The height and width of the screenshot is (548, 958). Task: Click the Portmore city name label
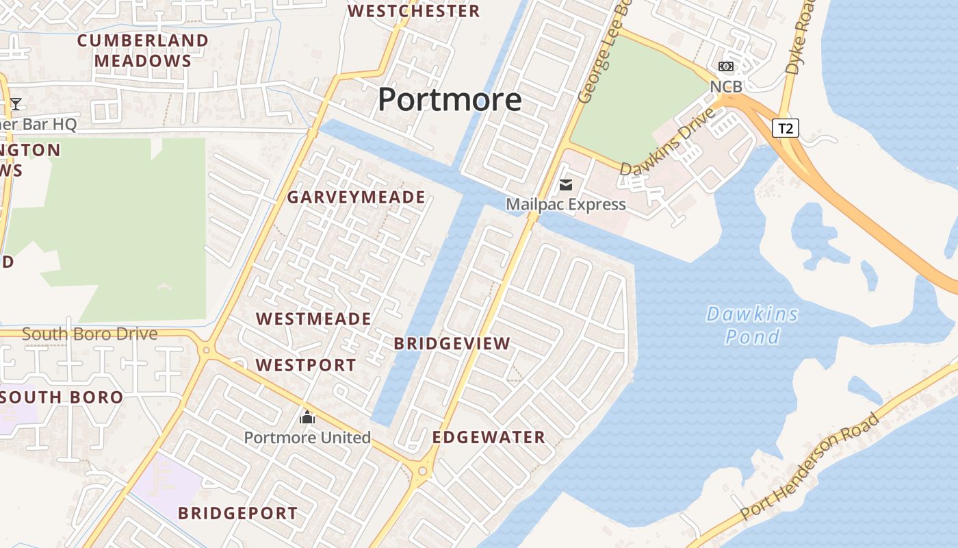click(450, 99)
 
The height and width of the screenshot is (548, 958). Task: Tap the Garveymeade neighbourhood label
click(356, 197)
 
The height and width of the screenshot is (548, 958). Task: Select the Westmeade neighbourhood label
click(313, 319)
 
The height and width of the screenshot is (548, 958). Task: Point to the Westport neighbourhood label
click(306, 365)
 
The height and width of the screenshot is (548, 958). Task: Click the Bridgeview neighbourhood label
click(452, 344)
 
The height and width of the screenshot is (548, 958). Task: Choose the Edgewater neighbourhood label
click(489, 437)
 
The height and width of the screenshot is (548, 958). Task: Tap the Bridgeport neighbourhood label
click(237, 513)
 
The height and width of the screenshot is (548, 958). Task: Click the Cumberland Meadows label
click(142, 51)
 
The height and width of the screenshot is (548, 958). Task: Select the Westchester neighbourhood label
click(414, 11)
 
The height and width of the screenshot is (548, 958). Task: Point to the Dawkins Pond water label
click(752, 325)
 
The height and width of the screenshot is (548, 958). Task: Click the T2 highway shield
click(786, 127)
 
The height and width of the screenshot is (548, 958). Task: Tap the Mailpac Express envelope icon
click(566, 184)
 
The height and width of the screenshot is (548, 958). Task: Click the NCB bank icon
click(726, 66)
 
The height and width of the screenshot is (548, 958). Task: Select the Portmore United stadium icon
click(307, 417)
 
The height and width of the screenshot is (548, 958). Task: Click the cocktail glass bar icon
click(16, 104)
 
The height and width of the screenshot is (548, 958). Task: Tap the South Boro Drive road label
click(90, 334)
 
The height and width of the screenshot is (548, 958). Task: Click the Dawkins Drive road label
click(667, 141)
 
